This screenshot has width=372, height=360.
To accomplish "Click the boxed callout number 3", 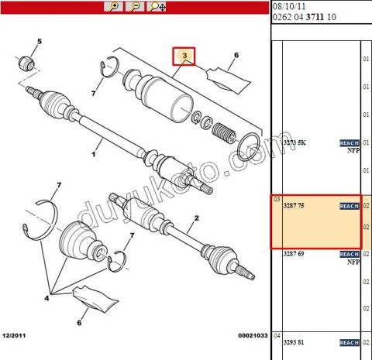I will click(184, 57).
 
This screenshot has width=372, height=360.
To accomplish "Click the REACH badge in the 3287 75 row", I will click(349, 207).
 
